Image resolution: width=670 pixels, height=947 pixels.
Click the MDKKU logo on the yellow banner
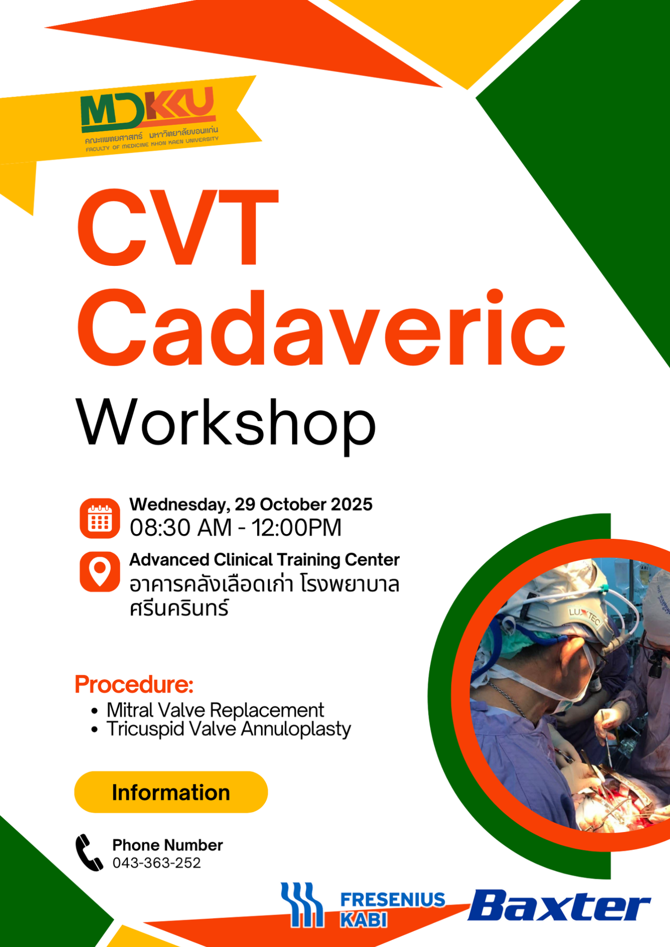[149, 119]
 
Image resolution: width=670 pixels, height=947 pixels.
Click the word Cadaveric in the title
[321, 328]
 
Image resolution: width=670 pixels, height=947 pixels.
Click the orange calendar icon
[100, 518]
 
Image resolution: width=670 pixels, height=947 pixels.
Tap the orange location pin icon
[100, 571]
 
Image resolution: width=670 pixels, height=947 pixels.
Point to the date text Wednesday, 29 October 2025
[251, 505]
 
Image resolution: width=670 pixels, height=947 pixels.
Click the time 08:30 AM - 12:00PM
[236, 527]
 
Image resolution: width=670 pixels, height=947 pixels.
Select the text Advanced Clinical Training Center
[264, 560]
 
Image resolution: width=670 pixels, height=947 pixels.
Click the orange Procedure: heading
[134, 684]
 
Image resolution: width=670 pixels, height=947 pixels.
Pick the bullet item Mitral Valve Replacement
[215, 710]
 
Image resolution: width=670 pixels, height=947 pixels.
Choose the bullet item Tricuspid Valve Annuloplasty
[229, 729]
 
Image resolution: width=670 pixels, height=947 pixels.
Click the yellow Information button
[171, 792]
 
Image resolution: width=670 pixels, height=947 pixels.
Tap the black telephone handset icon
[89, 853]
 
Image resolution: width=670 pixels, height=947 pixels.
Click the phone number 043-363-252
[157, 863]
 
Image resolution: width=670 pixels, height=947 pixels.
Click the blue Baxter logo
[559, 905]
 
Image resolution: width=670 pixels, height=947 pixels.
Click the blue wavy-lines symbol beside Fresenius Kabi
[302, 905]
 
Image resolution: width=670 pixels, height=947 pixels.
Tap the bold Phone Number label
[167, 845]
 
